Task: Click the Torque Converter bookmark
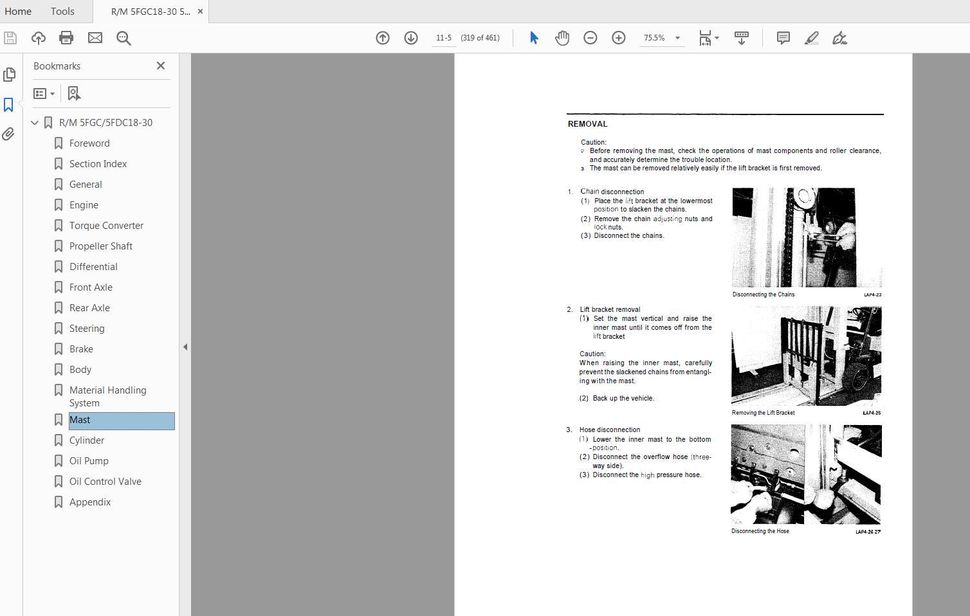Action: click(x=106, y=226)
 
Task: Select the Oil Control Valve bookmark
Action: click(x=105, y=482)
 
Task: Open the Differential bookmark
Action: click(x=93, y=267)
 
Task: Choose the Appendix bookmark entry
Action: click(x=90, y=502)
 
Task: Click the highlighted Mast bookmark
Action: click(x=80, y=420)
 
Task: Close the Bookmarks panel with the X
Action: click(x=161, y=66)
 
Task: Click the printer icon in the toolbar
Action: click(x=66, y=38)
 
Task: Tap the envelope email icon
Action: click(x=95, y=38)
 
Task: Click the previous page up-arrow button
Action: click(x=383, y=38)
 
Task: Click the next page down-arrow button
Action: click(x=411, y=38)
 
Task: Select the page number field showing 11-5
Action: click(x=444, y=38)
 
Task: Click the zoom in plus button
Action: click(x=619, y=38)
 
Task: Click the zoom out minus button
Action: click(x=590, y=38)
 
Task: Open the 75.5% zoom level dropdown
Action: click(x=677, y=38)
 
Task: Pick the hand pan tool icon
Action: click(x=562, y=38)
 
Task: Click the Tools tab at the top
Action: click(x=62, y=11)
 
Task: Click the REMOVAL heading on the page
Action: click(x=587, y=124)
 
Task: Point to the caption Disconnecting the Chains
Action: click(x=764, y=294)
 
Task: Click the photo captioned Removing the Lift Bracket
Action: click(x=806, y=356)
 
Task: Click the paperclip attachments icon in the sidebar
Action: click(x=8, y=134)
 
